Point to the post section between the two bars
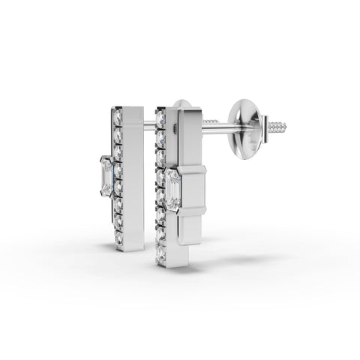[149, 124]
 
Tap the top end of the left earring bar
[127, 106]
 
